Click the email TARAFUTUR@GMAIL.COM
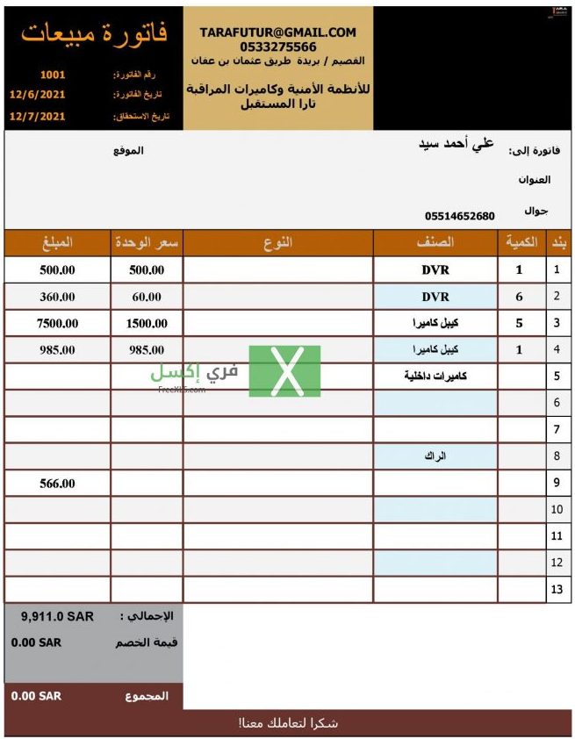coord(278,32)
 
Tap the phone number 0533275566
coord(278,47)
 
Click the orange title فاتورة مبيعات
coord(94,34)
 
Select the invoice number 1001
coord(53,75)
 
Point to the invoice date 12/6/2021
coord(38,94)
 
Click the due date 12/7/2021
coord(38,115)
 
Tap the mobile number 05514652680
coord(459,216)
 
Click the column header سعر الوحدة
coord(147,243)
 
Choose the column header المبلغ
coord(57,243)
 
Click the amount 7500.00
coord(57,323)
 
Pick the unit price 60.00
coord(147,297)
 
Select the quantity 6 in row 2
coord(519,297)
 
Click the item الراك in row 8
coord(435,456)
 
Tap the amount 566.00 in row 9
coord(57,483)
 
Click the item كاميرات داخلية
coord(435,377)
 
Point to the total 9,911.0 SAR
coord(57,616)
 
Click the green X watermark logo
coord(284,371)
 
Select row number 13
coord(557,589)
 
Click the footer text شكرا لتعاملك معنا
coord(289,723)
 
